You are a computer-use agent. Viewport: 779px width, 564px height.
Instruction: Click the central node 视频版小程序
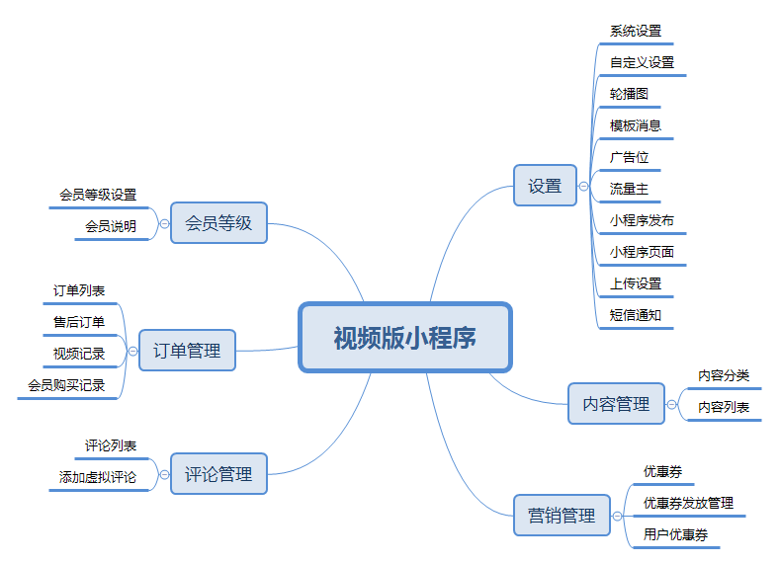(x=404, y=337)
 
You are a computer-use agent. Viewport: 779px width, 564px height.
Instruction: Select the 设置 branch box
(x=545, y=186)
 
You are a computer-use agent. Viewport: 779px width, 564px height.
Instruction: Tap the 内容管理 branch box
(x=616, y=403)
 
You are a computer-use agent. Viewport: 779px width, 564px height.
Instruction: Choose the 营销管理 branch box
(x=562, y=515)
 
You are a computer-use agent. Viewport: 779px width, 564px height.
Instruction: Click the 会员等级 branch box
(x=218, y=223)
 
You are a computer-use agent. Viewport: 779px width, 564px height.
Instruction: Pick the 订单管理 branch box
(x=187, y=350)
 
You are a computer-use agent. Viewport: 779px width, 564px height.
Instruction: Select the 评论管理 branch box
(x=218, y=473)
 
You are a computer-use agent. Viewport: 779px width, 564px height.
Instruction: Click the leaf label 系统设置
(x=636, y=31)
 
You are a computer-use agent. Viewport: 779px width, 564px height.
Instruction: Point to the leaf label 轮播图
(x=629, y=94)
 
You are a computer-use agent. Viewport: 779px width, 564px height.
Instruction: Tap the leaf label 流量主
(x=629, y=188)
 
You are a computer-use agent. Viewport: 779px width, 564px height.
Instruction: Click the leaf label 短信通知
(x=636, y=315)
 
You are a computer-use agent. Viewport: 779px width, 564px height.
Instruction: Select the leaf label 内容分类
(x=724, y=375)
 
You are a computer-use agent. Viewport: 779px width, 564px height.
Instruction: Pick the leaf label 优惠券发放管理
(x=688, y=503)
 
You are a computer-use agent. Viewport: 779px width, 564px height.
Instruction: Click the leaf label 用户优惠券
(x=675, y=534)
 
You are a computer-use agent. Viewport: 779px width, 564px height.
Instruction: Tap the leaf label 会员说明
(x=111, y=226)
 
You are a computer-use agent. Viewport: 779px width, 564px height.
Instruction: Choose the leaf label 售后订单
(x=79, y=322)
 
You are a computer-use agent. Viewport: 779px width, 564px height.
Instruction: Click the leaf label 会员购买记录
(x=66, y=385)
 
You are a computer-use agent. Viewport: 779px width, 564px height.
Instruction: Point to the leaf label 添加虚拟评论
(x=98, y=477)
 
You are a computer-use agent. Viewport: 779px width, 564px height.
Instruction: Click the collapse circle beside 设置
(x=584, y=186)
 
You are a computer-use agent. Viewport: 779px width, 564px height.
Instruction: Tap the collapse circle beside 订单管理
(x=132, y=350)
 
